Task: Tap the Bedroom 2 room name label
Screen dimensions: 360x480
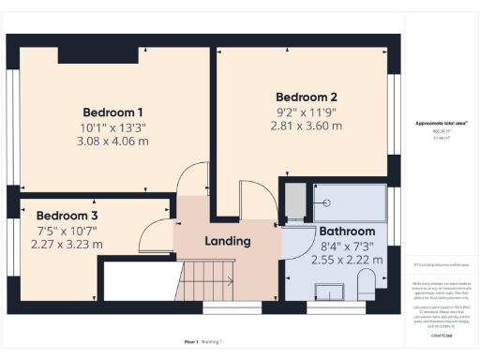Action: point(306,97)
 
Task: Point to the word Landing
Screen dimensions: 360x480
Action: point(228,241)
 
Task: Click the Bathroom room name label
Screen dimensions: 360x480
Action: point(347,232)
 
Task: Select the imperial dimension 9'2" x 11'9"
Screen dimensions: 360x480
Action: point(306,113)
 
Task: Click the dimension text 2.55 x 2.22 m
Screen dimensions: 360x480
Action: point(347,262)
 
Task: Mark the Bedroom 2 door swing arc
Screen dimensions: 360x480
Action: point(253,197)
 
